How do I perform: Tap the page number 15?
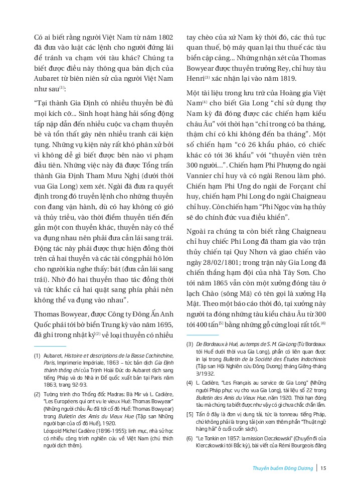323,469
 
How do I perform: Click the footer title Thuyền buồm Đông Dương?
282,469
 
